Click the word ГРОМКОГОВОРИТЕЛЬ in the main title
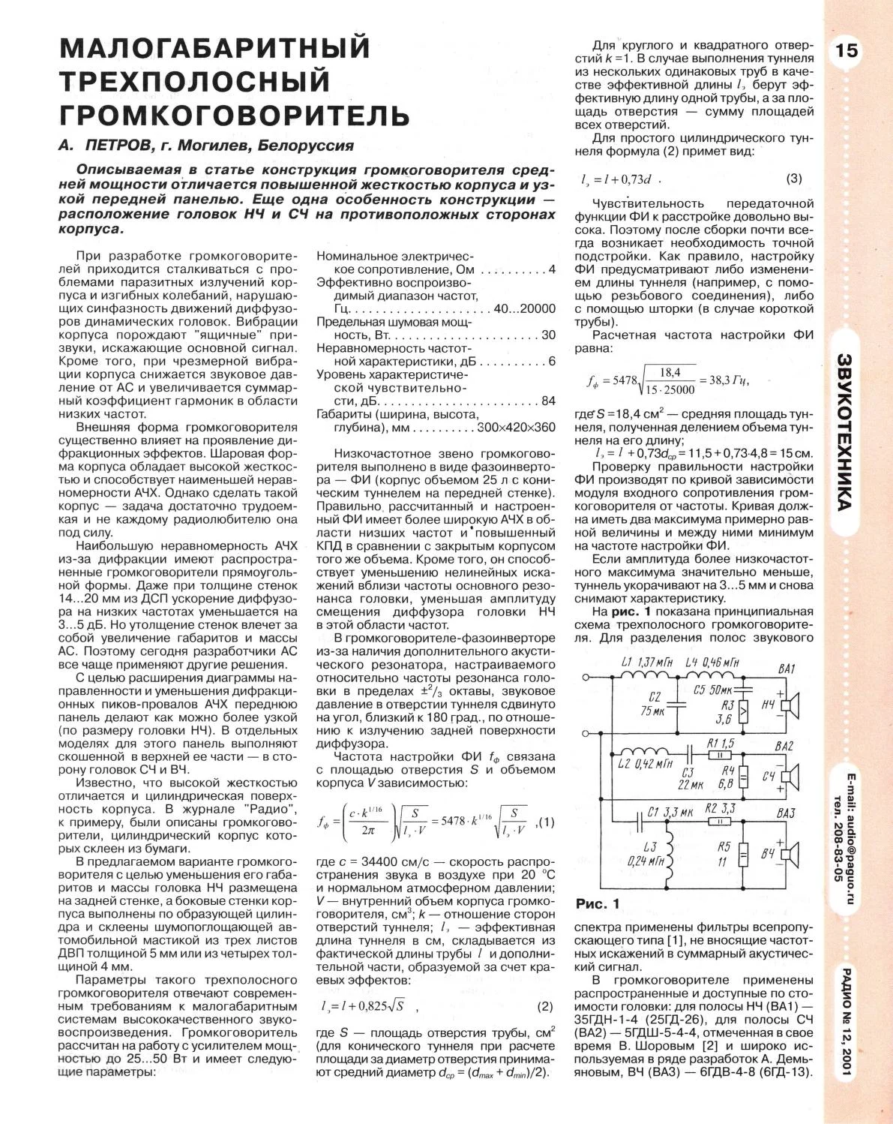pyautogui.click(x=235, y=115)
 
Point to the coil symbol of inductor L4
pyautogui.click(x=700, y=675)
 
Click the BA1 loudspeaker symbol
pyautogui.click(x=790, y=705)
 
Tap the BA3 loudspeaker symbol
pyautogui.click(x=790, y=852)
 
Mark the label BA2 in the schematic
pyautogui.click(x=786, y=747)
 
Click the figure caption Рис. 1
pyautogui.click(x=598, y=903)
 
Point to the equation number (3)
pyautogui.click(x=794, y=179)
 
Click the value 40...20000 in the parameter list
pyautogui.click(x=524, y=308)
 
